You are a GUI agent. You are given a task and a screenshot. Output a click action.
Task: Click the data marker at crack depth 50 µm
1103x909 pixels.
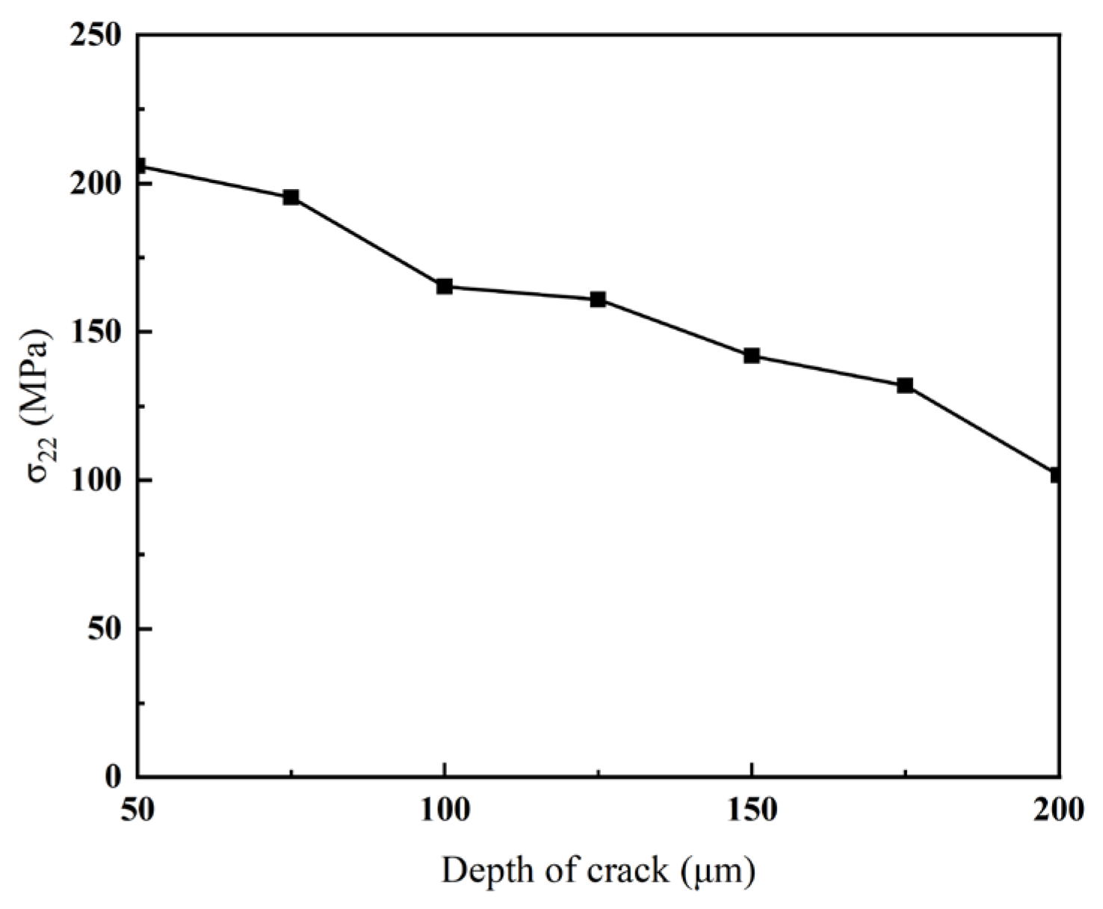(x=139, y=166)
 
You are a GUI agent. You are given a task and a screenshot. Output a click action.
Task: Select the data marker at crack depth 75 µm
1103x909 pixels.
(x=291, y=197)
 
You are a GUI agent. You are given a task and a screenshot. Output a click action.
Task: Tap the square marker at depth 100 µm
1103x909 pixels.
(x=445, y=286)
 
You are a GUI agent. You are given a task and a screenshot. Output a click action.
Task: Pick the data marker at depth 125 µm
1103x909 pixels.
(x=598, y=300)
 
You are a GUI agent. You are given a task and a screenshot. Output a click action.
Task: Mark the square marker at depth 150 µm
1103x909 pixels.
(x=752, y=356)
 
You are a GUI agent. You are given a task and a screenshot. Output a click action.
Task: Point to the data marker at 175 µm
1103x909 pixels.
(x=905, y=386)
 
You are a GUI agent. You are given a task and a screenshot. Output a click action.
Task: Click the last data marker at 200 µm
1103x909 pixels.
(x=1056, y=475)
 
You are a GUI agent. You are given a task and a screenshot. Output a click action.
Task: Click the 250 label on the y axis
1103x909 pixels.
(x=96, y=35)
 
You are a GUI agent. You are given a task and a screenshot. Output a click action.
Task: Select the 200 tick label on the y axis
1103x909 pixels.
(x=96, y=184)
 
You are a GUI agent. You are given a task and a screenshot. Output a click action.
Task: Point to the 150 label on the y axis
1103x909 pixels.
(x=96, y=332)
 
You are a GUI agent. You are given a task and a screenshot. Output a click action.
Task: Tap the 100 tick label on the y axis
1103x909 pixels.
(x=96, y=481)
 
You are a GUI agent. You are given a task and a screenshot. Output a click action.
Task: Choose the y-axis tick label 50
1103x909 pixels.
(x=105, y=629)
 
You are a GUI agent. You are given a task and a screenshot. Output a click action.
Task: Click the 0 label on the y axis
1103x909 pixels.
(x=113, y=777)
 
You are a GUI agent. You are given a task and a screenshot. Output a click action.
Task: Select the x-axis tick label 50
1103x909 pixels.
(x=138, y=810)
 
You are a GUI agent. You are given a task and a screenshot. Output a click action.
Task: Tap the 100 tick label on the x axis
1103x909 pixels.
(x=445, y=810)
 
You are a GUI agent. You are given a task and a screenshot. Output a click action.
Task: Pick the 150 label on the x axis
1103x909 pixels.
(x=752, y=810)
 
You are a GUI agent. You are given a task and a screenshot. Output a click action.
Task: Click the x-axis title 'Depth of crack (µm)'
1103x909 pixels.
(x=598, y=872)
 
